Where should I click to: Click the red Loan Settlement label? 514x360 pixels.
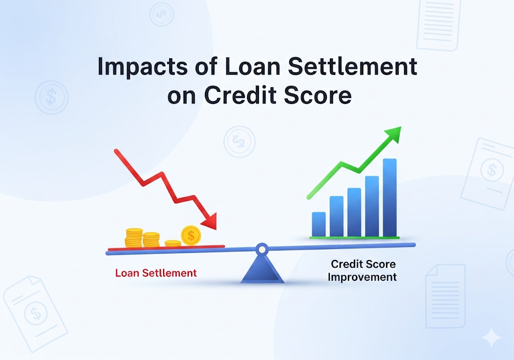coord(156,274)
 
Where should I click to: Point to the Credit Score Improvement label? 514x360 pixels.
coord(363,270)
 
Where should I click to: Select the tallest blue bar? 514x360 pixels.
coord(390,197)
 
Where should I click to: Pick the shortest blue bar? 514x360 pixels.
coord(319,224)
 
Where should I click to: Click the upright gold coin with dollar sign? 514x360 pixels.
coord(191,234)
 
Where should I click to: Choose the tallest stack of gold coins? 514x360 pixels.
coord(134,237)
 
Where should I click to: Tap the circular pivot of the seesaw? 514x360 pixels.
coord(262,248)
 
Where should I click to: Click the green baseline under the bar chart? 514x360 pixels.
coord(354,237)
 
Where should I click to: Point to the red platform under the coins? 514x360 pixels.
coord(166,248)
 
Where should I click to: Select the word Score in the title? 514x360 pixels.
coord(319,95)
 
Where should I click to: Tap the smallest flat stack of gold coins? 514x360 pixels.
coord(173,244)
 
